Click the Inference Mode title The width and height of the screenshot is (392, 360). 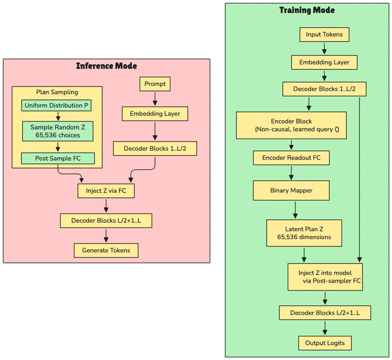click(x=106, y=66)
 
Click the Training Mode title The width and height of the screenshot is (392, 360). click(x=307, y=10)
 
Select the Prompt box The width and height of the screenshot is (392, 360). click(x=155, y=84)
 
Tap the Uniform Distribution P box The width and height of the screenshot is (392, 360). click(x=57, y=106)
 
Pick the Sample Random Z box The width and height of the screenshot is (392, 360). click(x=57, y=131)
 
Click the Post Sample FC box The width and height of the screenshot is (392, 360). click(x=58, y=158)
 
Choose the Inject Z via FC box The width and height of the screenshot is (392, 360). click(x=106, y=191)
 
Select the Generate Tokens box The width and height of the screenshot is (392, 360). click(x=106, y=251)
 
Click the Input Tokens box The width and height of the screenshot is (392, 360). click(x=324, y=35)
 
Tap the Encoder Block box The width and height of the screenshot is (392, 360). click(x=291, y=125)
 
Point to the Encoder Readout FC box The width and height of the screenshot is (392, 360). click(x=291, y=158)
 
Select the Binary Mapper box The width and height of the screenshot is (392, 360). click(x=291, y=190)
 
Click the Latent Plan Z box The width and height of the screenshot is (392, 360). click(x=304, y=233)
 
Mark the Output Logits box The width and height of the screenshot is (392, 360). click(x=325, y=343)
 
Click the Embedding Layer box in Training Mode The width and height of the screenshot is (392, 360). click(x=324, y=62)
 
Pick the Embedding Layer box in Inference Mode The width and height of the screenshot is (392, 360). click(x=155, y=114)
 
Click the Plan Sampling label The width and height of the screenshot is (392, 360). click(x=57, y=92)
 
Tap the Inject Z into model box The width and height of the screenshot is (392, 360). click(x=325, y=277)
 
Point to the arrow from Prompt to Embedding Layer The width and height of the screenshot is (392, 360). click(x=155, y=99)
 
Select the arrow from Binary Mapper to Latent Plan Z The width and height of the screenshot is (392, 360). click(x=295, y=210)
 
